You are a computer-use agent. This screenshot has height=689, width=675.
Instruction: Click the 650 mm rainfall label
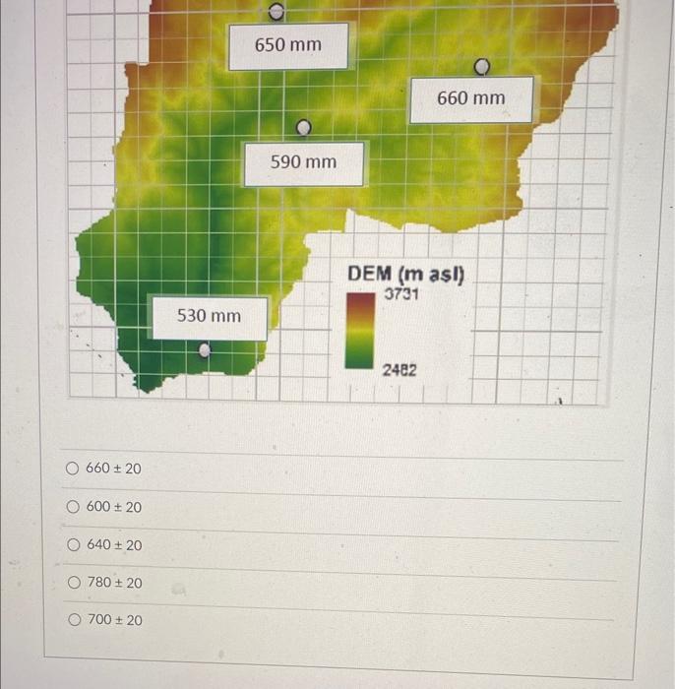pyautogui.click(x=287, y=46)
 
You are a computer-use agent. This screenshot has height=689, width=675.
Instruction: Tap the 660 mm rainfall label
pyautogui.click(x=470, y=98)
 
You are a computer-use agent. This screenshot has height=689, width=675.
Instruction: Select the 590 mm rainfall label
pyautogui.click(x=303, y=162)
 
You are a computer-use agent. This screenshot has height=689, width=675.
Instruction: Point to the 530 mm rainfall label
pyautogui.click(x=209, y=316)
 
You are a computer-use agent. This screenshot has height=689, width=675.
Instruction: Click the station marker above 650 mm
pyautogui.click(x=276, y=13)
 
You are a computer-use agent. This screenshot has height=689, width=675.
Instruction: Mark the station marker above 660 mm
pyautogui.click(x=482, y=67)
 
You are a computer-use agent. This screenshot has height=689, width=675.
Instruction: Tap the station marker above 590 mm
pyautogui.click(x=304, y=127)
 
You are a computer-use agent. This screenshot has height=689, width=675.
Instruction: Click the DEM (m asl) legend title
pyautogui.click(x=406, y=274)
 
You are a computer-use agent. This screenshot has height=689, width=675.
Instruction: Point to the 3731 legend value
pyautogui.click(x=400, y=293)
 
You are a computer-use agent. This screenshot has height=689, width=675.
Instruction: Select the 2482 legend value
pyautogui.click(x=399, y=370)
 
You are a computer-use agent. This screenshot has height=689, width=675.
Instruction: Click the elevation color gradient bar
pyautogui.click(x=359, y=331)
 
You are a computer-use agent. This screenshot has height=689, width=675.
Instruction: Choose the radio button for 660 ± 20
pyautogui.click(x=72, y=469)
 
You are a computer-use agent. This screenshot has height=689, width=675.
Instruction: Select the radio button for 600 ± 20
pyautogui.click(x=72, y=507)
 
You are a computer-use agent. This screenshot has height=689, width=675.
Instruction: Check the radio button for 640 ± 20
pyautogui.click(x=72, y=544)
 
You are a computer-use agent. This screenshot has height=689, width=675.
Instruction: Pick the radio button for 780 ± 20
pyautogui.click(x=72, y=583)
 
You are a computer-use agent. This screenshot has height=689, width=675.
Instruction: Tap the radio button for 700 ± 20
pyautogui.click(x=72, y=620)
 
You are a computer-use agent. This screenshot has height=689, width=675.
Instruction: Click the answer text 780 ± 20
pyautogui.click(x=114, y=583)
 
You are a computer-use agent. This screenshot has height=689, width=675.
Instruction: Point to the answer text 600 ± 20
pyautogui.click(x=114, y=507)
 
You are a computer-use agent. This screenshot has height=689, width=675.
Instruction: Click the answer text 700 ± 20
pyautogui.click(x=114, y=620)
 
